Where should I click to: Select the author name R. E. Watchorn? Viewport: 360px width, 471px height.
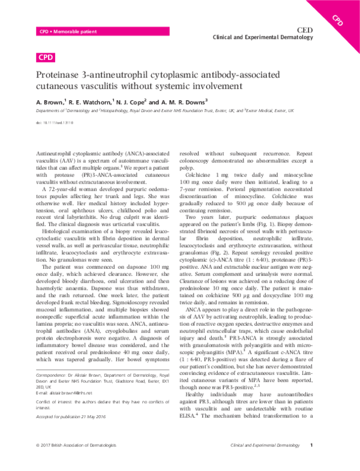coord(93,102)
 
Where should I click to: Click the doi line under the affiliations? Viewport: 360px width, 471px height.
coord(54,122)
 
